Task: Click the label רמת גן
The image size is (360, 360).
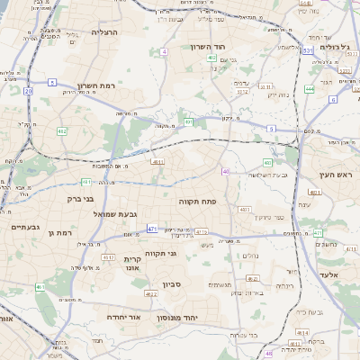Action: [x=61, y=232]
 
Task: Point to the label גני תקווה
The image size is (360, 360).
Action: [x=159, y=254]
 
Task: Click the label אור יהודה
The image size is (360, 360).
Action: [x=123, y=318]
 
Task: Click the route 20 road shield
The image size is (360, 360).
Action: [x=28, y=91]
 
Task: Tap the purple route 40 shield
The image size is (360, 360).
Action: [x=225, y=171]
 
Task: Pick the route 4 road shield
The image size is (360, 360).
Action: [x=165, y=52]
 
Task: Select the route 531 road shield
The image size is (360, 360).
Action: [x=307, y=51]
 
